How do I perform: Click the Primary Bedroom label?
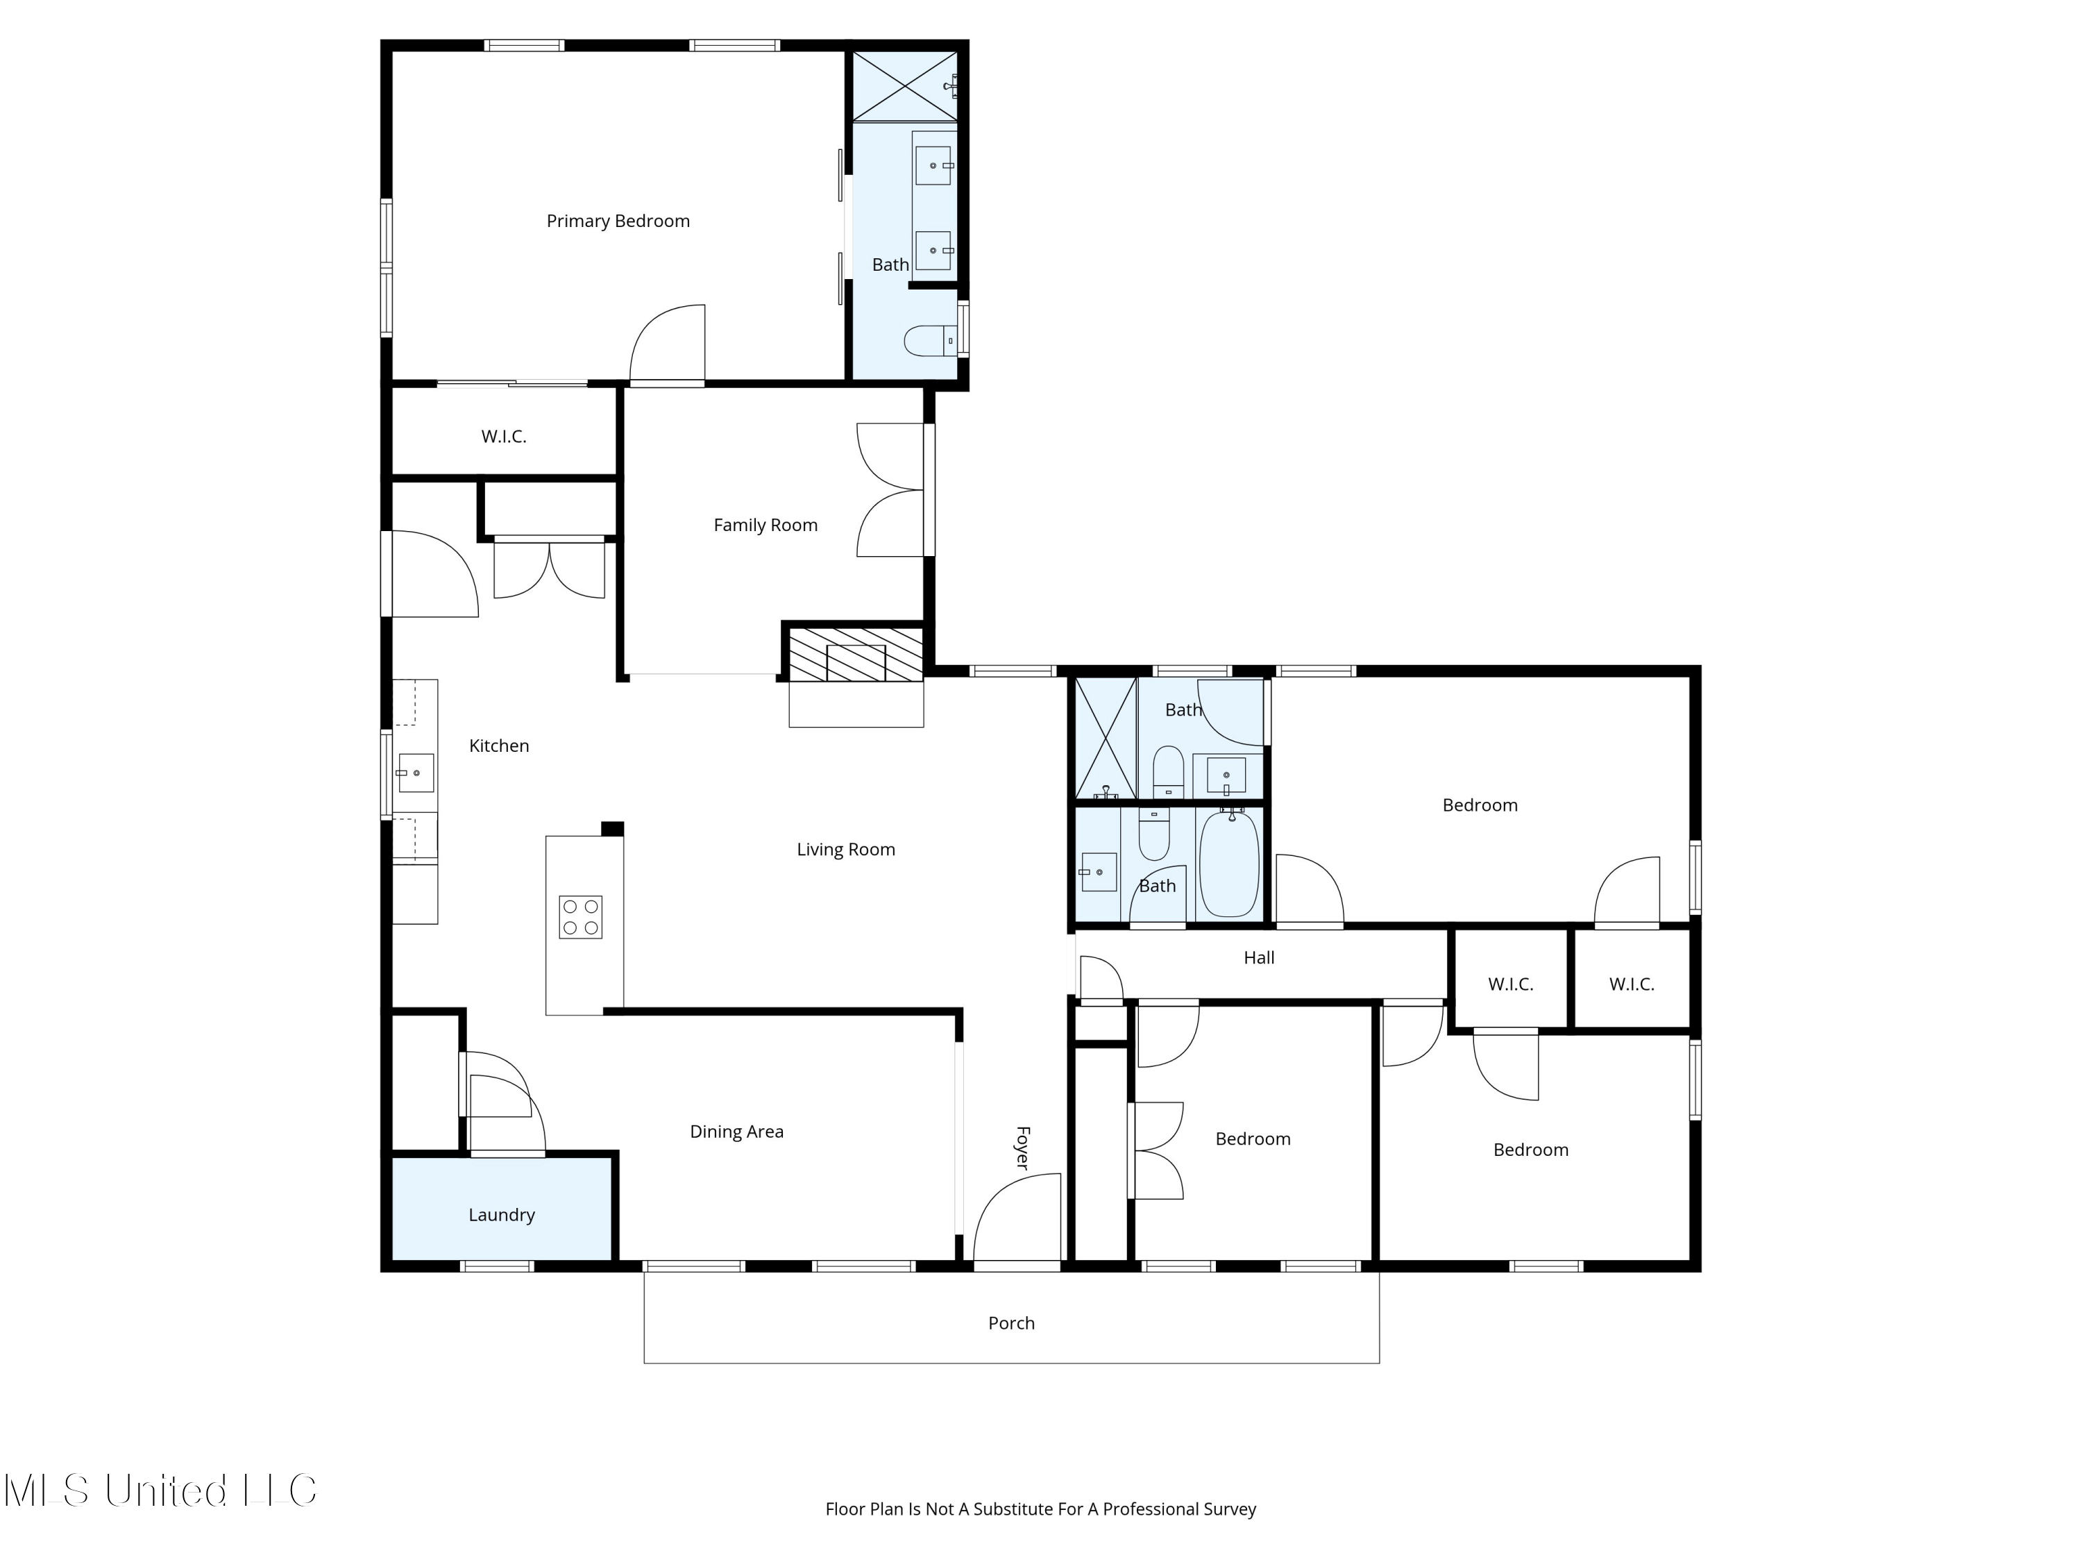click(x=618, y=221)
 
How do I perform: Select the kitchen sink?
click(x=415, y=773)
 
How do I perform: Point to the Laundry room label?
click(x=502, y=1216)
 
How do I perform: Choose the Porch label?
click(x=1012, y=1323)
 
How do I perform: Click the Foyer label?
click(x=1023, y=1148)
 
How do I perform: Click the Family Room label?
click(x=765, y=526)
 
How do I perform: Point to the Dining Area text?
click(x=737, y=1132)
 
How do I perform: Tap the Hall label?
click(x=1260, y=957)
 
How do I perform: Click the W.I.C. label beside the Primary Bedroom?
click(x=504, y=436)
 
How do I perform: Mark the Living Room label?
click(x=846, y=849)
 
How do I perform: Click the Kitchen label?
click(x=499, y=746)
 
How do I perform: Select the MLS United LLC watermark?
click(x=161, y=1490)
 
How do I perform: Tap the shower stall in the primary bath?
click(x=904, y=85)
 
